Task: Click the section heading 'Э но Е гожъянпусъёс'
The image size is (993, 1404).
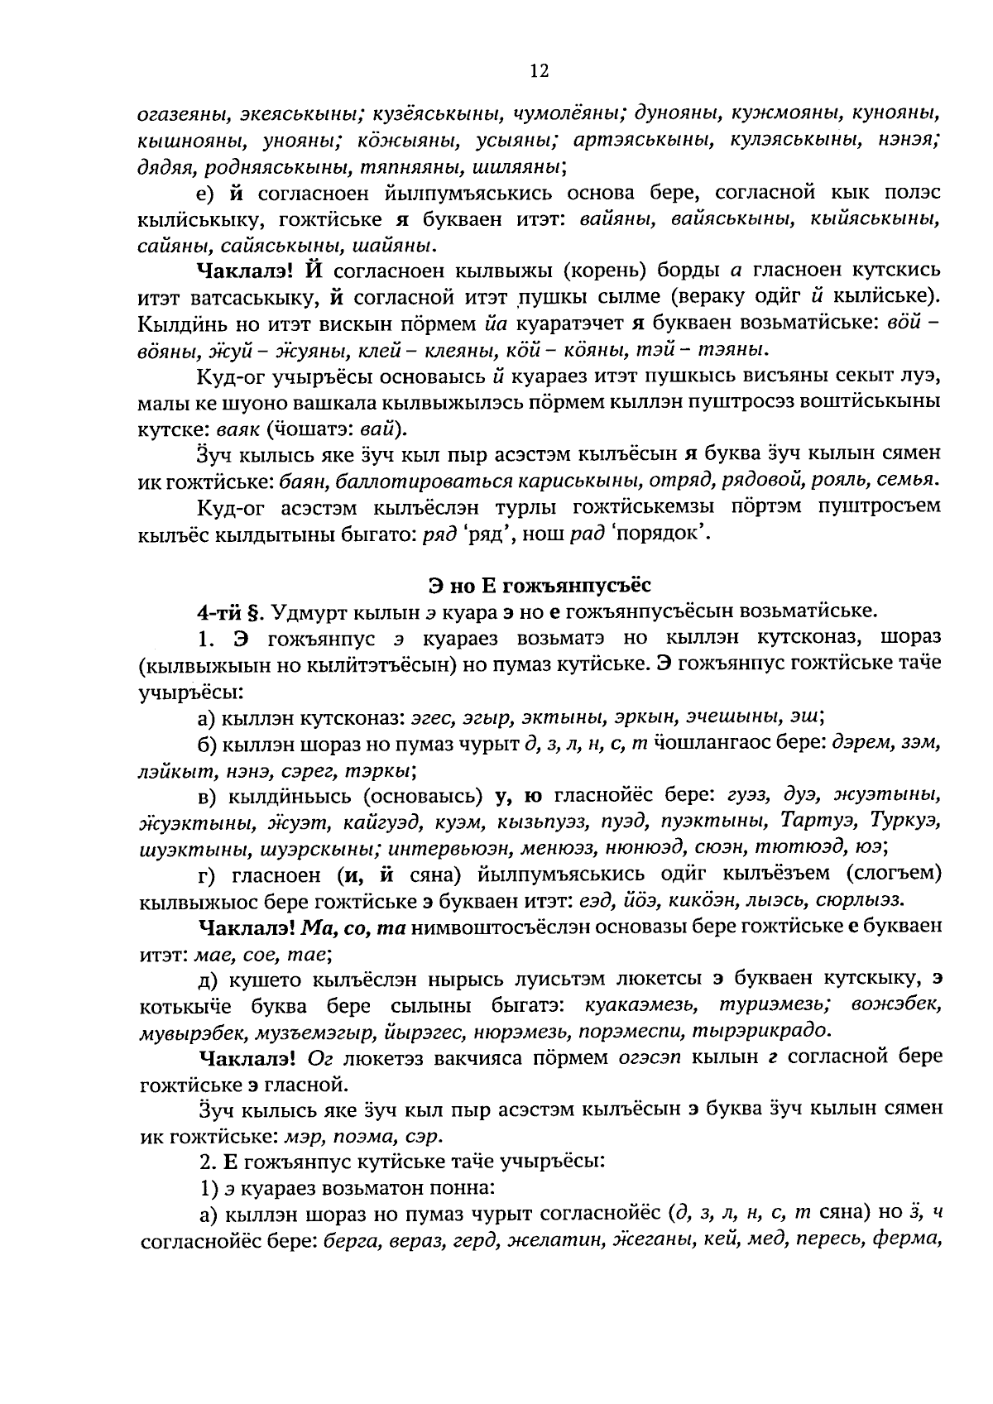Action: point(540,586)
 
